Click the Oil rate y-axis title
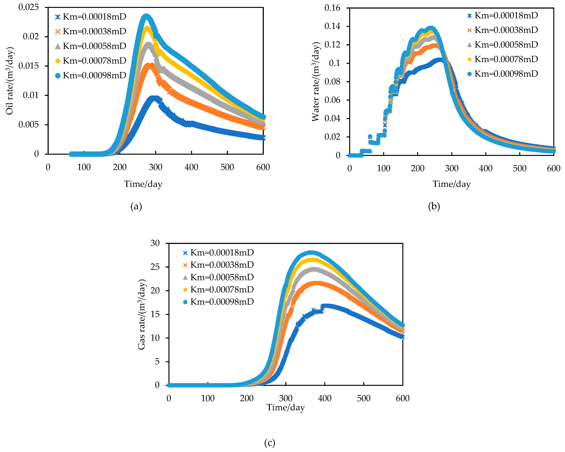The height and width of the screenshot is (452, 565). pyautogui.click(x=10, y=81)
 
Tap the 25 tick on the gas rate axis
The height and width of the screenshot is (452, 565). pyautogui.click(x=155, y=267)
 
